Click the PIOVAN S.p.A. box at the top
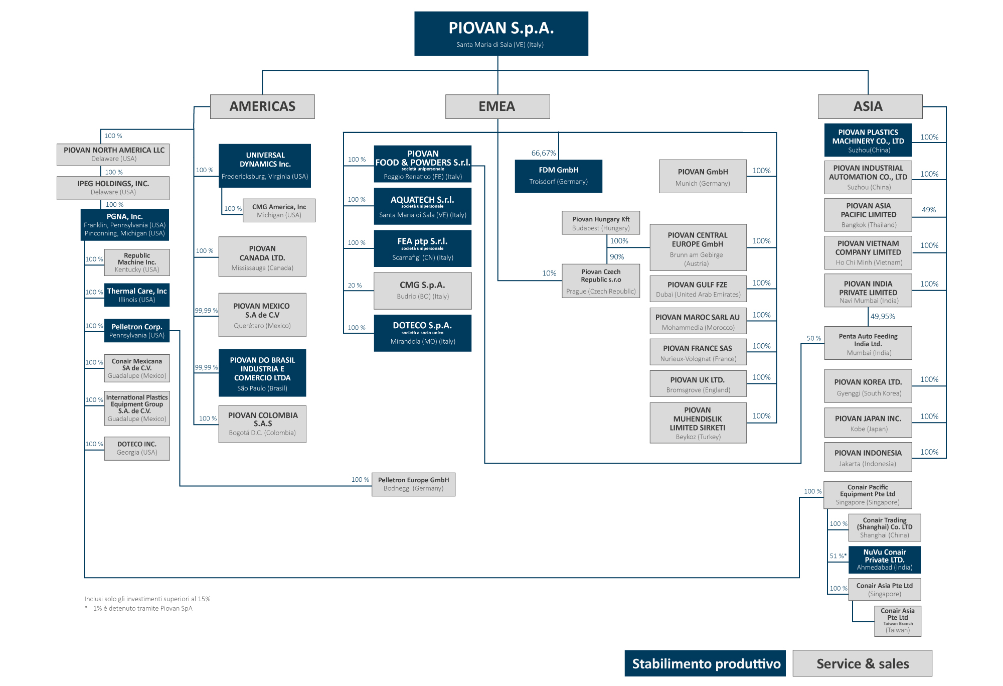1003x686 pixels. point(501,34)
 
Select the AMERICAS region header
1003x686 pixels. point(262,106)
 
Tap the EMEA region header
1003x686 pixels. point(497,106)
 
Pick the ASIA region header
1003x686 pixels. point(870,106)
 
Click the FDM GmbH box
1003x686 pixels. point(558,176)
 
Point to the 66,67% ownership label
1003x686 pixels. point(543,153)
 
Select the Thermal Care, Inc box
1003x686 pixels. point(136,295)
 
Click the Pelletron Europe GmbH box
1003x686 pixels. point(413,484)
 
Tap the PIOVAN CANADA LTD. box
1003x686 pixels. point(262,257)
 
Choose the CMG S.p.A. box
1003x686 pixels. point(422,291)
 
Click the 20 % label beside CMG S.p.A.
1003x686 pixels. point(355,286)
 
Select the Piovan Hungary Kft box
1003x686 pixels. point(600,223)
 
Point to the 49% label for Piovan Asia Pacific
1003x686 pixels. point(928,210)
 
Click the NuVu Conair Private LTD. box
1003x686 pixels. point(884,560)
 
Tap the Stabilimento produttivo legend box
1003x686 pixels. point(705,663)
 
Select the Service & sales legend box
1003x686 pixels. point(862,663)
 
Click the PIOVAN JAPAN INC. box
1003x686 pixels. point(868,423)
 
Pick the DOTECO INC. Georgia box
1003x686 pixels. point(136,448)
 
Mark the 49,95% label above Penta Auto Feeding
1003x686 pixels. point(882,317)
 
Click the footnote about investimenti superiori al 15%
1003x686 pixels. point(147,599)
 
